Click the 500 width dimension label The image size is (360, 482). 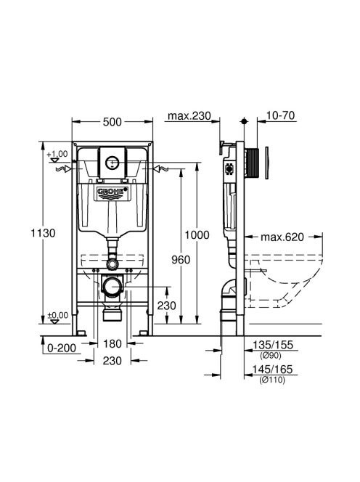112,122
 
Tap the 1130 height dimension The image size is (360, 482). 43,233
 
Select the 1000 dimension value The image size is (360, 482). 197,235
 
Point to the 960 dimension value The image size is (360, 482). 181,260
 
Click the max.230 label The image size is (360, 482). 189,116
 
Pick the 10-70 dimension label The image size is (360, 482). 280,115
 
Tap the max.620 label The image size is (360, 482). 282,237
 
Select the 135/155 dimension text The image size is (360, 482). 272,345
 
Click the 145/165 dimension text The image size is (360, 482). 272,369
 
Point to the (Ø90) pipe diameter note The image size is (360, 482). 271,356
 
